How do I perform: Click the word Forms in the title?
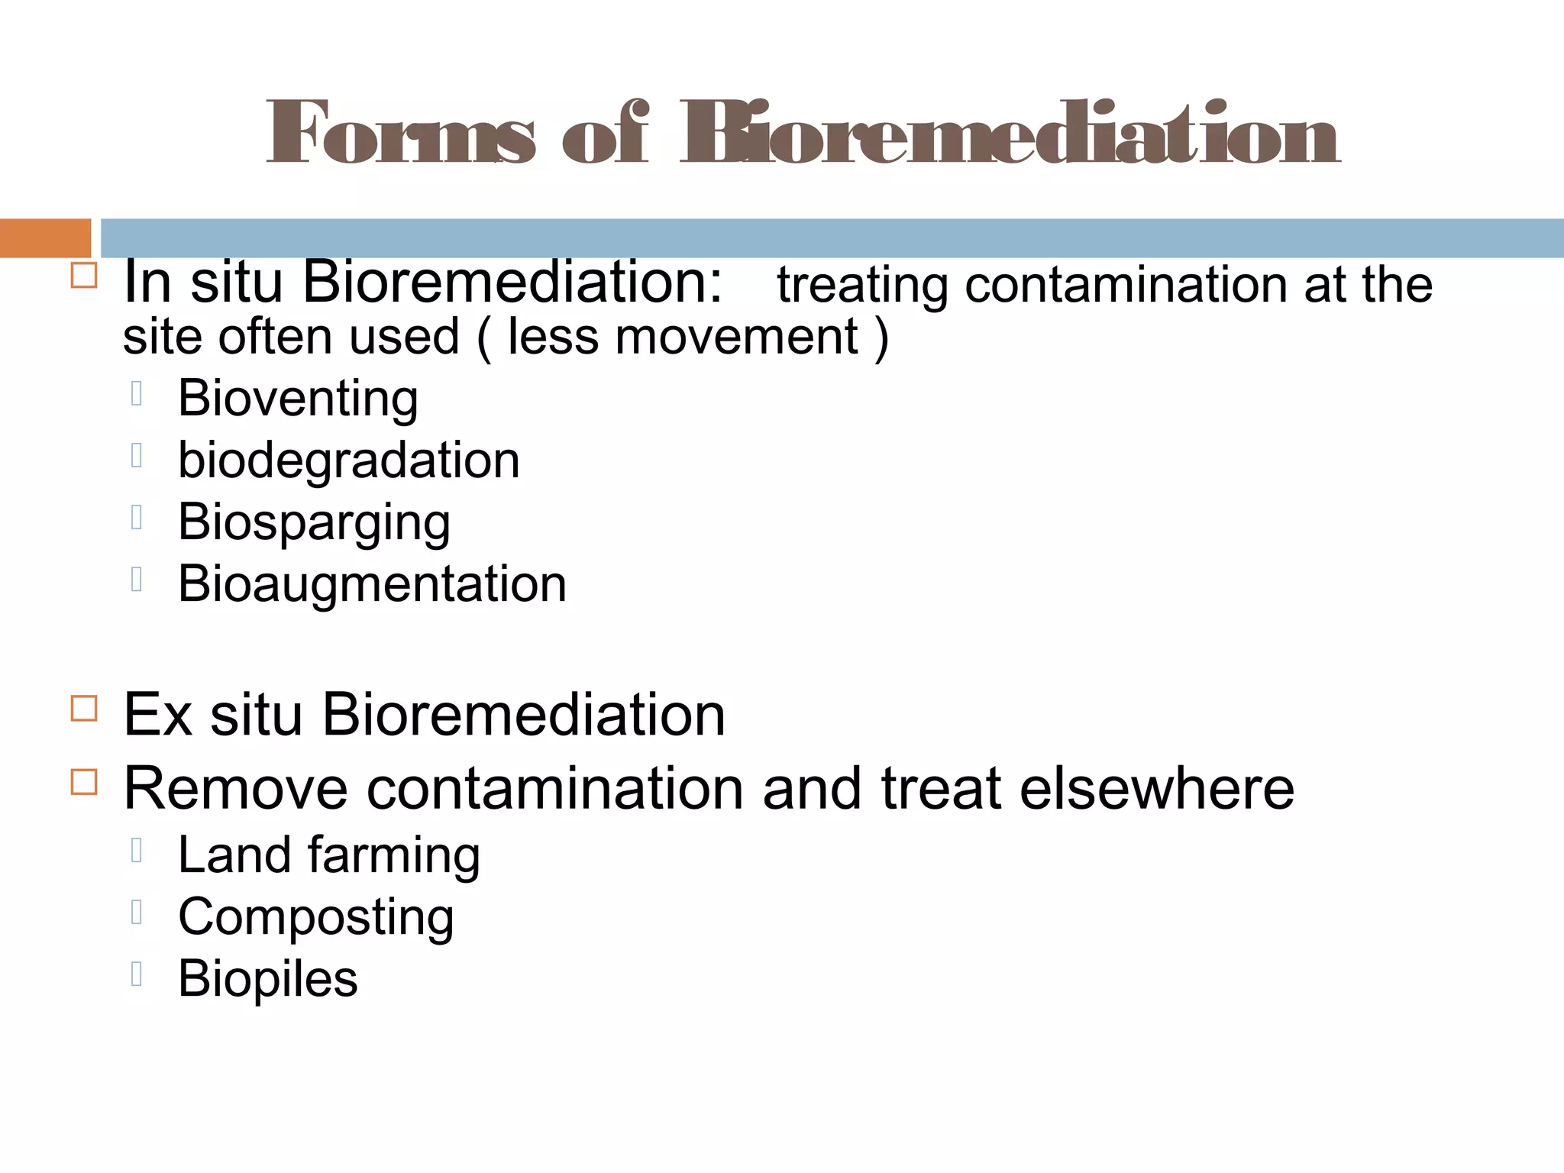click(x=400, y=134)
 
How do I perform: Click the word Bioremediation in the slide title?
click(x=1010, y=134)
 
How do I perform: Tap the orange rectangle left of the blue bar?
click(x=45, y=238)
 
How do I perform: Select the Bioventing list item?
click(x=298, y=399)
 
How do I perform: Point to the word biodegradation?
click(x=348, y=460)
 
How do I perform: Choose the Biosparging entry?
click(x=314, y=523)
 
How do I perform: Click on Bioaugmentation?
click(x=372, y=584)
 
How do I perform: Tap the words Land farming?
click(x=328, y=855)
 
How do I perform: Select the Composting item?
click(x=315, y=917)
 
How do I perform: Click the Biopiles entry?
click(x=267, y=978)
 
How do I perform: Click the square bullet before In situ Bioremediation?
click(x=84, y=275)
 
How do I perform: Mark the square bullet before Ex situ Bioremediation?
click(x=84, y=708)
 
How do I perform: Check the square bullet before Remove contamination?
click(x=84, y=782)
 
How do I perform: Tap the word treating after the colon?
click(x=862, y=285)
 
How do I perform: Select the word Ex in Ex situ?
click(x=157, y=715)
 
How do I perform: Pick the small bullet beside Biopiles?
click(x=137, y=974)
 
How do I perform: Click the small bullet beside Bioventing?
click(x=137, y=393)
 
